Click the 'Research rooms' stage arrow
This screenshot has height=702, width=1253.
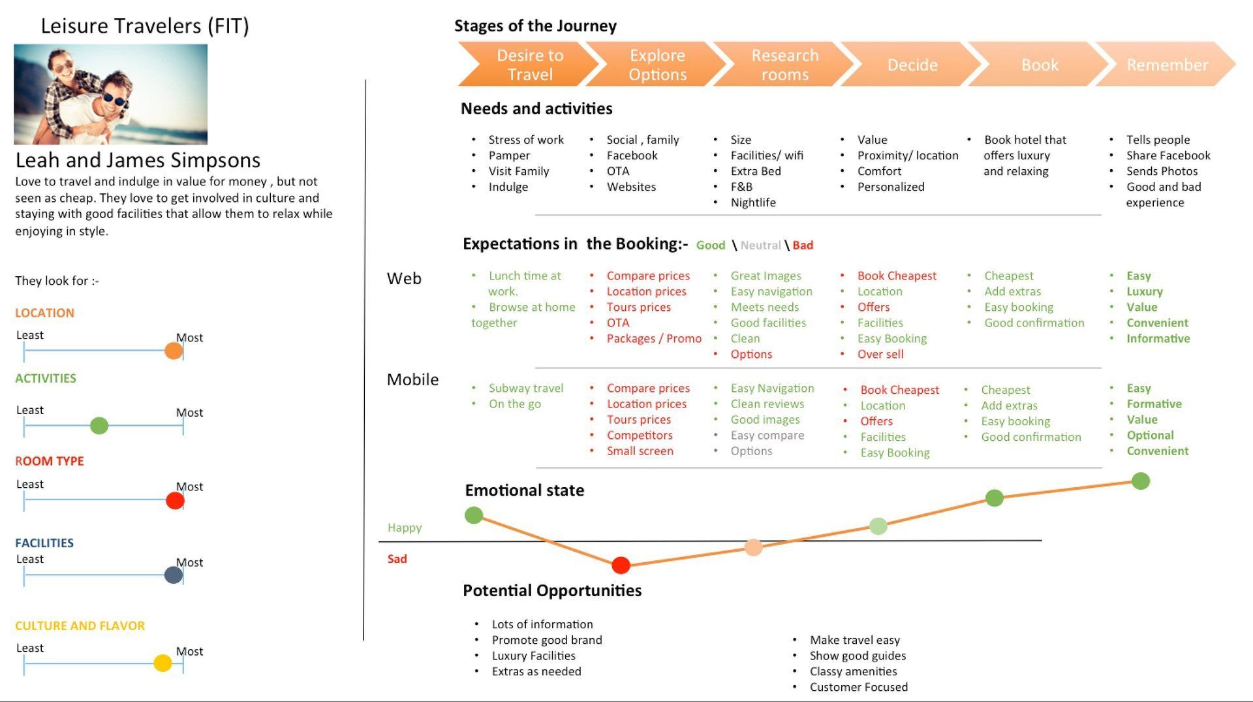(x=784, y=65)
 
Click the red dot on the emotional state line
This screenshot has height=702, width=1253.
(x=621, y=565)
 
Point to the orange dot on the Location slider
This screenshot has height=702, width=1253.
(x=174, y=351)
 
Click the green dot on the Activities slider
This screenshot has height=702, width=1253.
(x=99, y=426)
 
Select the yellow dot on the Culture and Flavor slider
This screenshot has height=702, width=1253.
(x=162, y=663)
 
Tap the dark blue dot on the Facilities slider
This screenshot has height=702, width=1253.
(x=174, y=575)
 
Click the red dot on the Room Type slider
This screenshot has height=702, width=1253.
(x=175, y=501)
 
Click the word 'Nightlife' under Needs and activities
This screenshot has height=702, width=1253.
(x=753, y=202)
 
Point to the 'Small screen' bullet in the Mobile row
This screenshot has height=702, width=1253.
(x=640, y=451)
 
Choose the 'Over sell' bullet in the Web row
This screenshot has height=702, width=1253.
(x=880, y=354)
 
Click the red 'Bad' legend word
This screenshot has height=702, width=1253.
(x=803, y=246)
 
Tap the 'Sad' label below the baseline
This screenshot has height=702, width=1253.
(x=397, y=559)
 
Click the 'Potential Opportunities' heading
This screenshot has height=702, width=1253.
(x=552, y=590)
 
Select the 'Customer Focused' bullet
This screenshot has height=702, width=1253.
(x=858, y=687)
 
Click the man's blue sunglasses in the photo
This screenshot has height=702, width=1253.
(x=116, y=99)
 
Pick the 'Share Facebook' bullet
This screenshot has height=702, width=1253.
(x=1168, y=155)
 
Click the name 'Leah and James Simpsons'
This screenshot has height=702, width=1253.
(x=138, y=160)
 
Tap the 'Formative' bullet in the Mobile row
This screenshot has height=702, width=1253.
(x=1154, y=404)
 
